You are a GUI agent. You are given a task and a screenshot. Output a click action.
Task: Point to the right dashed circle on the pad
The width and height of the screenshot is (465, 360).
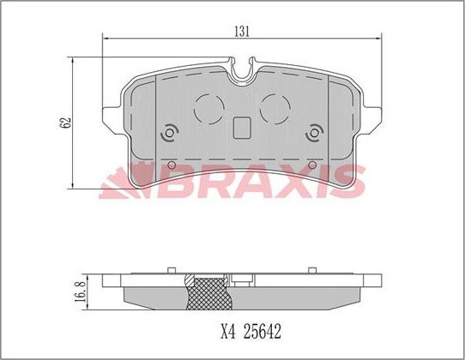click(x=275, y=109)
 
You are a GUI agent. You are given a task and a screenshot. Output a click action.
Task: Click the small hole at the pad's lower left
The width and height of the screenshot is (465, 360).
click(x=171, y=165)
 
